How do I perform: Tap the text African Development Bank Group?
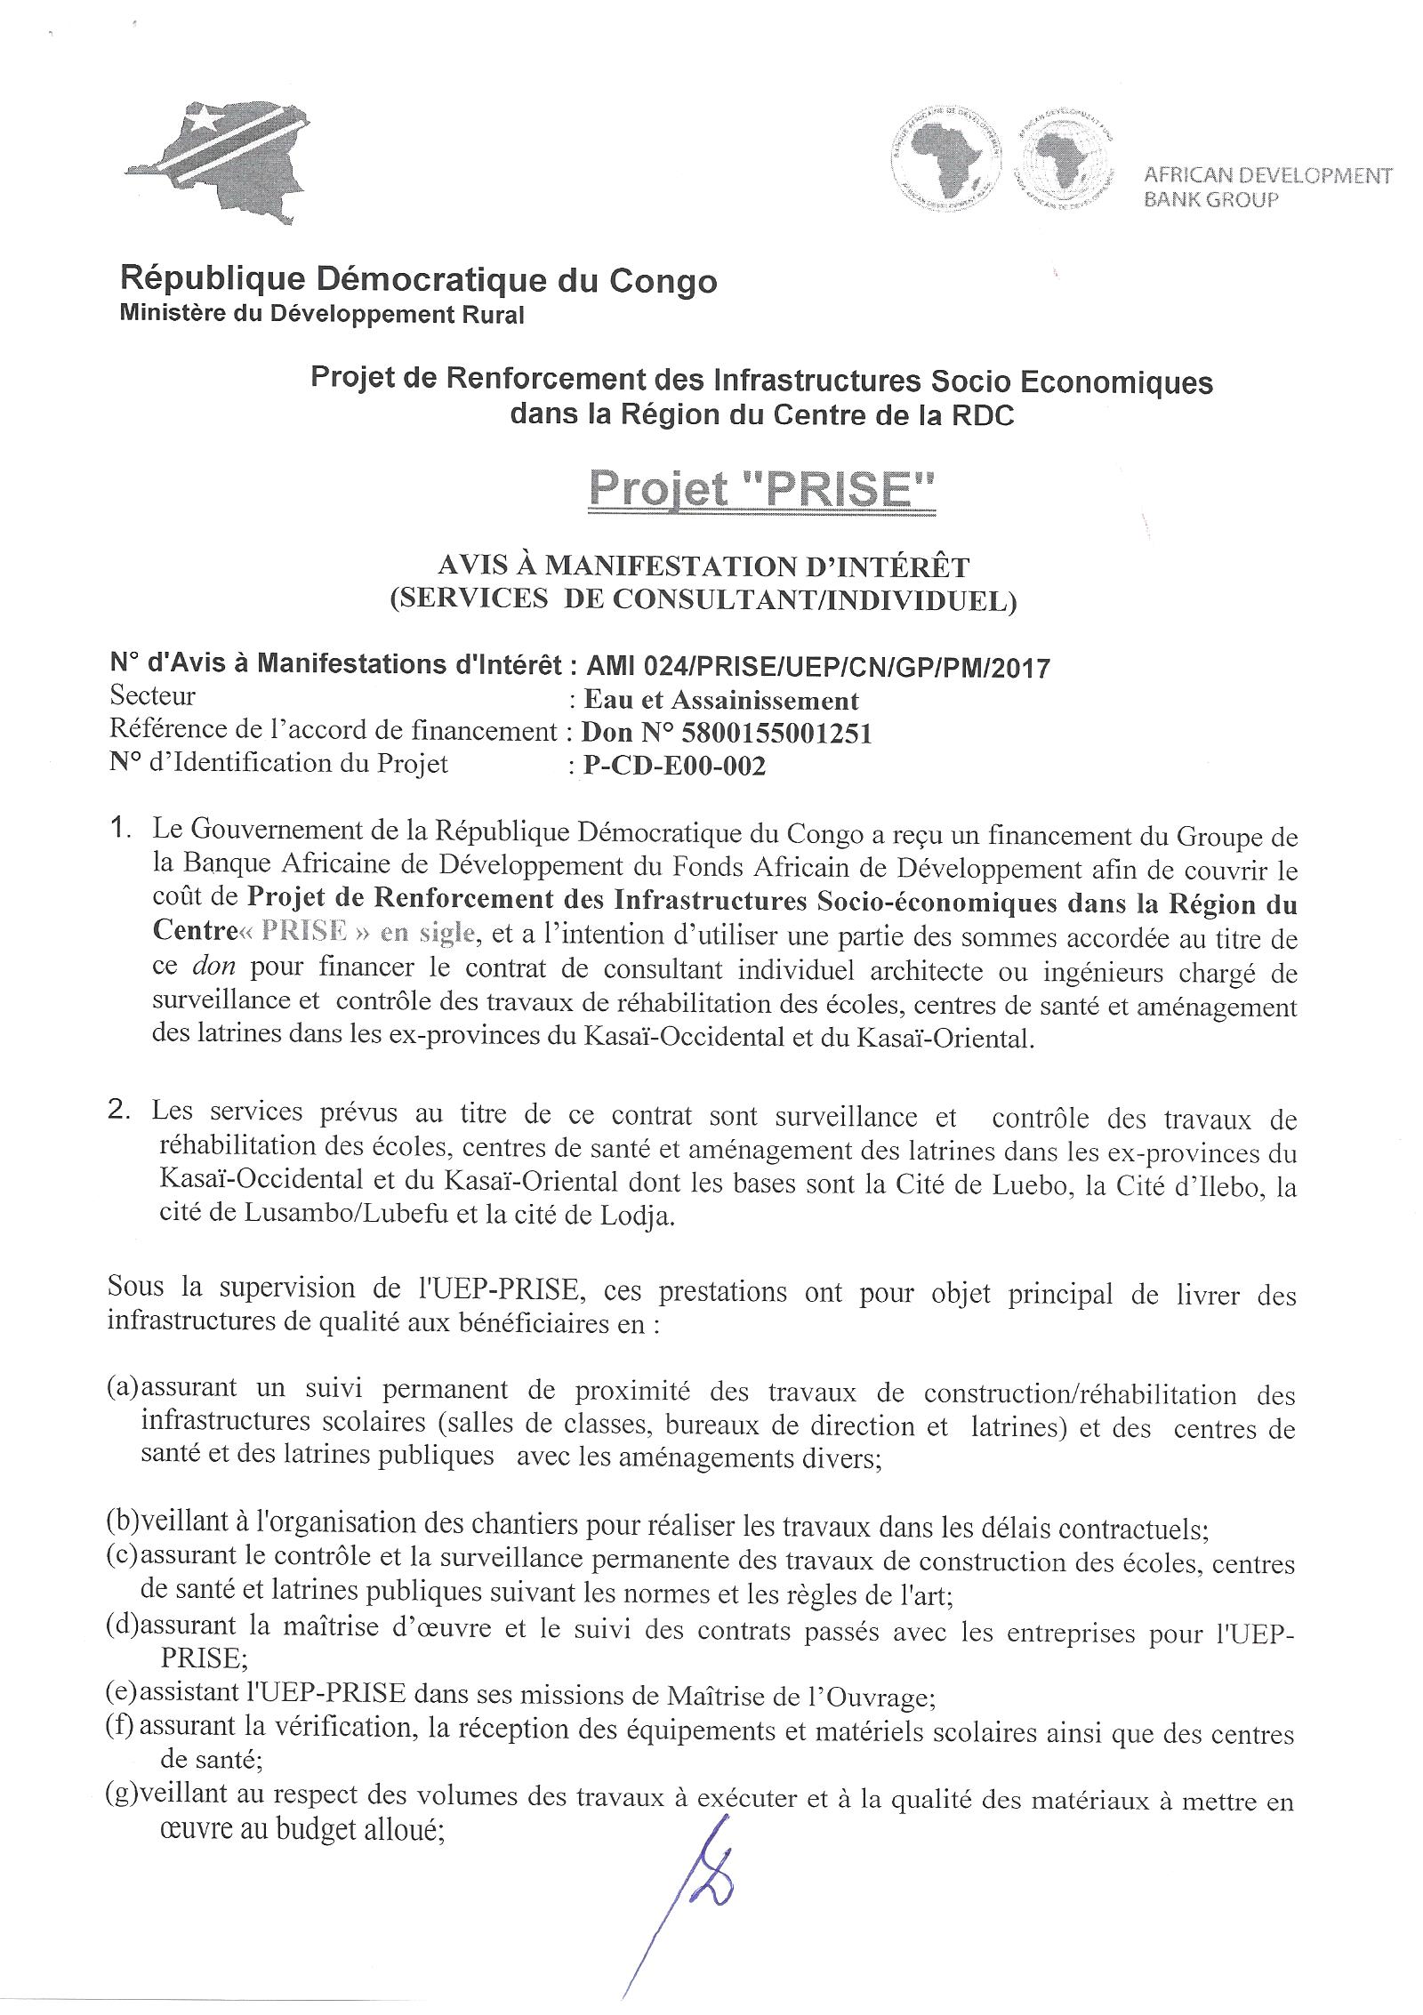(x=1266, y=187)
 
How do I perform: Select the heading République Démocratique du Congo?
(x=418, y=281)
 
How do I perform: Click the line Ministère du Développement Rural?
(x=322, y=315)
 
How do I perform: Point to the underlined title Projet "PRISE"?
(x=761, y=489)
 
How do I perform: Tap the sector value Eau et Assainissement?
(x=720, y=701)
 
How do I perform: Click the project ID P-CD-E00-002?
(x=673, y=765)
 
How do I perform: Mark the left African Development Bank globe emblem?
(x=946, y=161)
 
